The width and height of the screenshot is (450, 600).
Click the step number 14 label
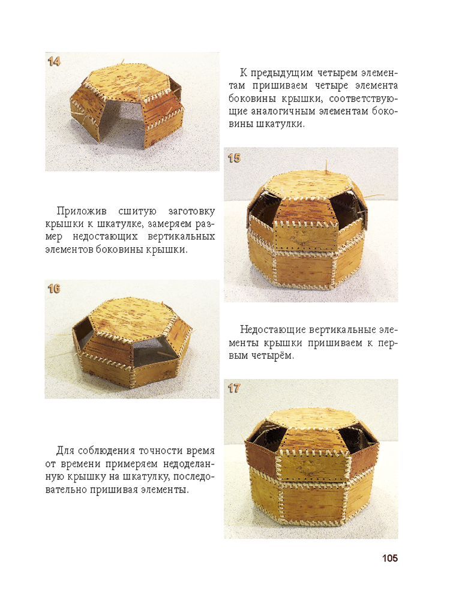point(54,61)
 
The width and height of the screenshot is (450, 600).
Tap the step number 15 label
point(234,158)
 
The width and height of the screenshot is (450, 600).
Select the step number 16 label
point(54,289)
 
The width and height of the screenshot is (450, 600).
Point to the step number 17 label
point(234,388)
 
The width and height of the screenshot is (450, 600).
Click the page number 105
point(390,558)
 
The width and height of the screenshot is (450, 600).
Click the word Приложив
point(82,211)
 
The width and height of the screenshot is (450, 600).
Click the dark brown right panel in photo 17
point(364,456)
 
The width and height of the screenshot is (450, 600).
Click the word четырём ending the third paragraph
point(273,355)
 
